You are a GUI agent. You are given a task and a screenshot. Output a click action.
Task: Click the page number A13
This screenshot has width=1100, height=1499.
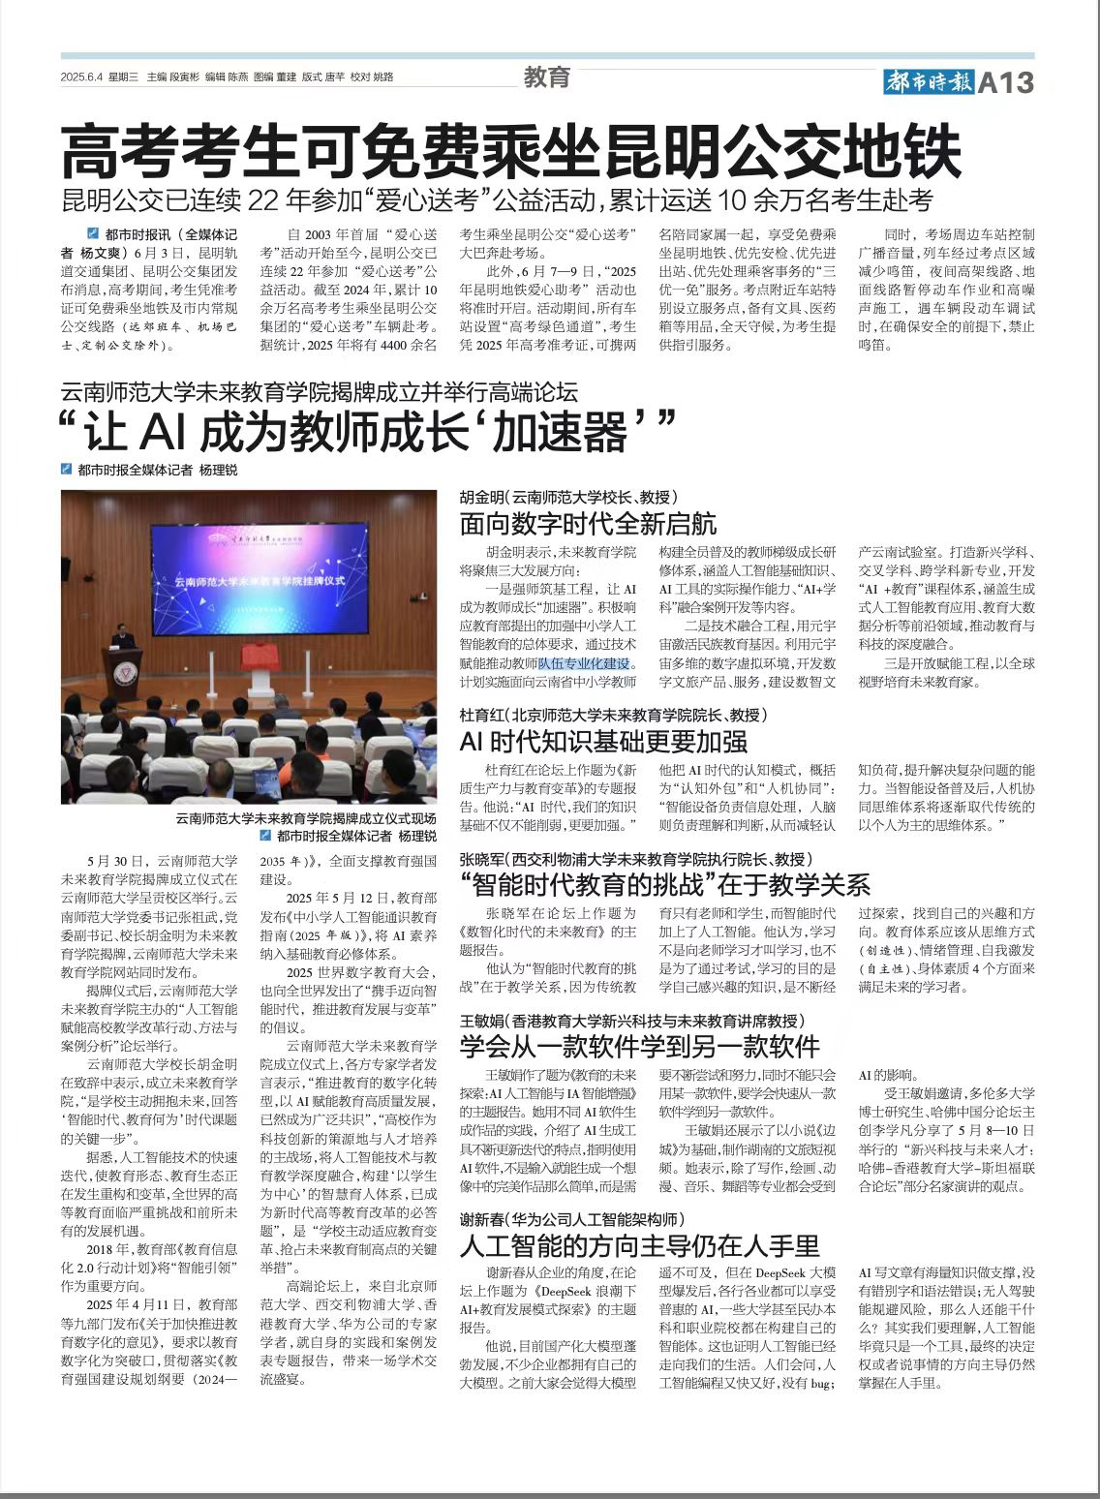click(x=1006, y=82)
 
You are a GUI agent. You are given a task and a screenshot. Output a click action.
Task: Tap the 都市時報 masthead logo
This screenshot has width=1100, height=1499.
click(x=928, y=82)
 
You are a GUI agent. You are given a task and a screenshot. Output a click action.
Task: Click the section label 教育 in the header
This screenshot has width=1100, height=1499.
click(x=547, y=77)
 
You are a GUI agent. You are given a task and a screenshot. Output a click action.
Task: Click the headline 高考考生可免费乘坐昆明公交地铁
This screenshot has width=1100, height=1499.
click(x=511, y=150)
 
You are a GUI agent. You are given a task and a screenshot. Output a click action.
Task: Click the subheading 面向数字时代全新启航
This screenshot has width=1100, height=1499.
click(x=588, y=524)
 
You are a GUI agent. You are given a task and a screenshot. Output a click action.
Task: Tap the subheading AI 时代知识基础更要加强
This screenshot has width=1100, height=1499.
click(x=603, y=742)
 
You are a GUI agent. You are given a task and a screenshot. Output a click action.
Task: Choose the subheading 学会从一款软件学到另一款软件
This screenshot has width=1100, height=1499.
click(x=639, y=1046)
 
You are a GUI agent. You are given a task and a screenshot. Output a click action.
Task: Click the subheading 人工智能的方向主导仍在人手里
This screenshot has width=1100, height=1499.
click(x=639, y=1244)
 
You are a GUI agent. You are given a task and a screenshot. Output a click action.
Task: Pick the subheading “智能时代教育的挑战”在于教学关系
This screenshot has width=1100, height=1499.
click(x=665, y=884)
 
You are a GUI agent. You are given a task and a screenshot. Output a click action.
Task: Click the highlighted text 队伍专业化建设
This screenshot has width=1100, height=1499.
click(x=584, y=663)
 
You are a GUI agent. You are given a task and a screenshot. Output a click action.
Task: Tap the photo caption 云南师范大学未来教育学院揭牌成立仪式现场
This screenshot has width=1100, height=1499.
click(x=306, y=818)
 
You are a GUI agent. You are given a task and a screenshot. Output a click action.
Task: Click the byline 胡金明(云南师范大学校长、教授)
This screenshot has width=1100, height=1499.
click(x=565, y=497)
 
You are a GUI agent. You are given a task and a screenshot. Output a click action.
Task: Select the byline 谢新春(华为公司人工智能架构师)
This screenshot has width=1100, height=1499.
click(x=572, y=1219)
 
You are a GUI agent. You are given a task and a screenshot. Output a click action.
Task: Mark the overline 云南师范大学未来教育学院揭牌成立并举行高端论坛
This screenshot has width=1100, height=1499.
click(x=319, y=392)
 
